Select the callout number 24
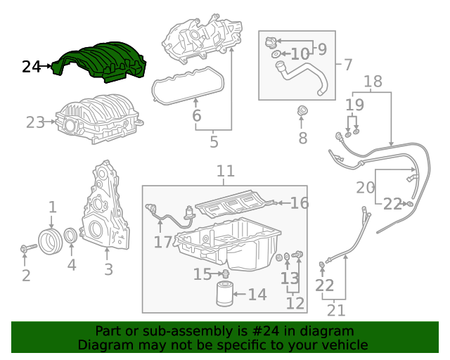(x=32, y=67)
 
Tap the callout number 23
(x=35, y=122)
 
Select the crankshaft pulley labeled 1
(x=51, y=240)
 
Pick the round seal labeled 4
(x=72, y=239)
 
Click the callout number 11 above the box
(x=225, y=171)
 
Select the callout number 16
(x=300, y=203)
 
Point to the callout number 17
(x=162, y=243)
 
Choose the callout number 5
(x=214, y=142)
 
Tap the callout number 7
(x=348, y=65)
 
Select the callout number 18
(x=373, y=82)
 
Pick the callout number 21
(x=337, y=309)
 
